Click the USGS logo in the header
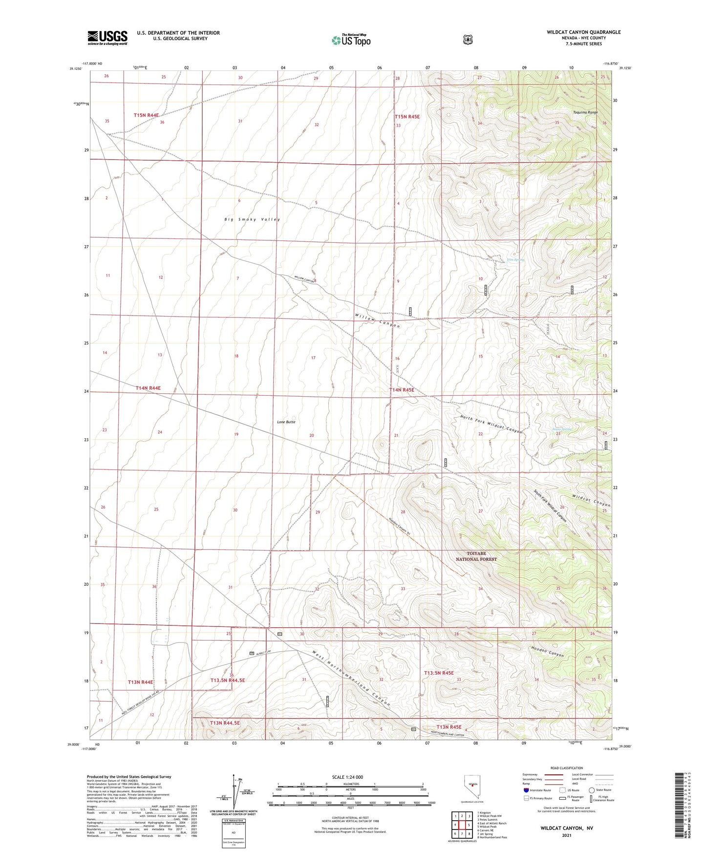tap(107, 38)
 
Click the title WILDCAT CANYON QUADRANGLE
tap(583, 32)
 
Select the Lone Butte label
tap(286, 422)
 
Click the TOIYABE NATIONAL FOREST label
tap(476, 556)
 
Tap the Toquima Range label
tap(585, 112)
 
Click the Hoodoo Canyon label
tap(547, 652)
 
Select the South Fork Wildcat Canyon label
tap(550, 506)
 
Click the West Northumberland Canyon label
tap(351, 679)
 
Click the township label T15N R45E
tap(407, 117)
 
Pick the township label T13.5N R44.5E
tap(227, 680)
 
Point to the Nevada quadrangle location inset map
tap(471, 786)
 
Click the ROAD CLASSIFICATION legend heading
tap(566, 768)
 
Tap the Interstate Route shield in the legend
tap(526, 789)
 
